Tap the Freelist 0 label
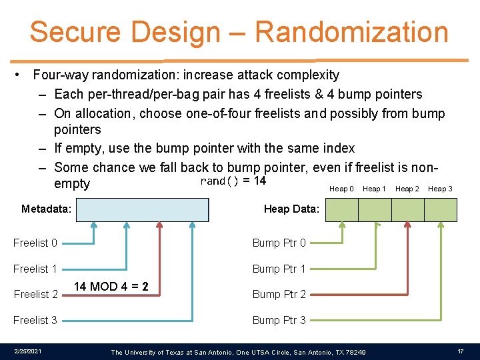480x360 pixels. coord(35,243)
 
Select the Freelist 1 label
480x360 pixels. coord(35,269)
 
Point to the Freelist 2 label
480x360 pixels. coord(35,294)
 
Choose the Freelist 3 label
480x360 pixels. coord(35,320)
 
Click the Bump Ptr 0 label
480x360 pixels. coord(279,243)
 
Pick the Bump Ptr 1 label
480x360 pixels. coord(279,269)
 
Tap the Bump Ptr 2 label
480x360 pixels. coord(279,294)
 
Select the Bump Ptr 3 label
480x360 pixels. coord(279,320)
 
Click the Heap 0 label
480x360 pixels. coord(341,189)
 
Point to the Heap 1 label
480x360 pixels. coord(374,189)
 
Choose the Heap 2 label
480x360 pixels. coord(407,189)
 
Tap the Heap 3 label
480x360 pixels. coord(440,189)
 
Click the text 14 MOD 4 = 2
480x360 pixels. coord(111,287)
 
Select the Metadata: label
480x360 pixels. coord(46,209)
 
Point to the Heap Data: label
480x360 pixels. coord(291,209)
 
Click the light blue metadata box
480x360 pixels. coord(142,209)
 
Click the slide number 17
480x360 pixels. coord(461,351)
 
